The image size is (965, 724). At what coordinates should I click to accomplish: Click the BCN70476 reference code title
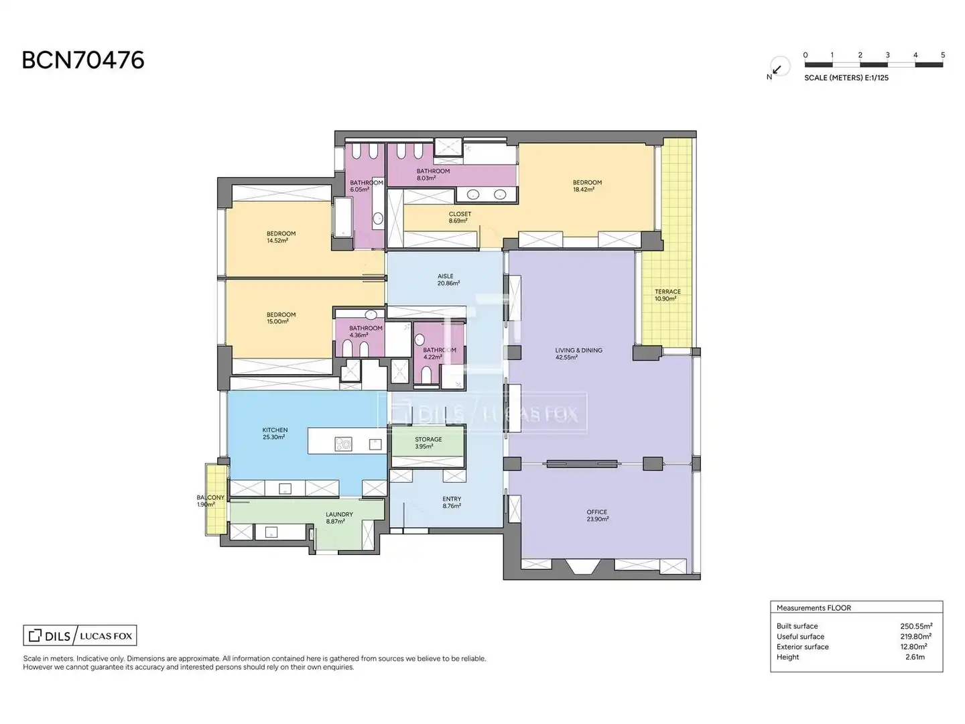click(82, 60)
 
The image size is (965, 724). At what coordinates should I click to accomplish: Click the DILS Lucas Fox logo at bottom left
click(80, 636)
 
